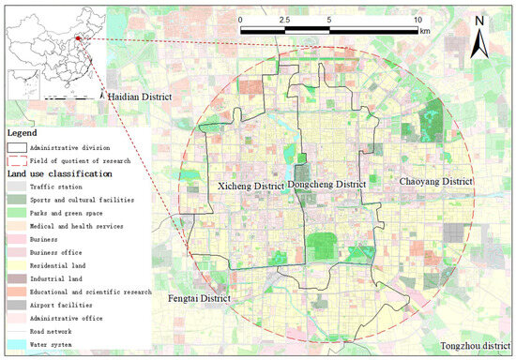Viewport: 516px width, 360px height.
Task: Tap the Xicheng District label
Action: (250, 187)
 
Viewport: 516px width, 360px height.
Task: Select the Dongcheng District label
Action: (326, 185)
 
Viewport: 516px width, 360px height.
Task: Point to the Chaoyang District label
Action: (436, 180)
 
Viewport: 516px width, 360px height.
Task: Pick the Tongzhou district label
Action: (474, 345)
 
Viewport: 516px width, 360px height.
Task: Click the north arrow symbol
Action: (478, 37)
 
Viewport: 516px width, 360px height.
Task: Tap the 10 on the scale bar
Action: (417, 19)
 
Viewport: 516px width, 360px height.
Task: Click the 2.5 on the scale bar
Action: (284, 19)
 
